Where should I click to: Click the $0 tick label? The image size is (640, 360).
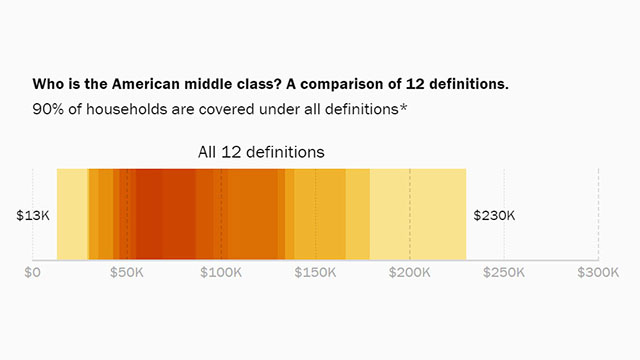[32, 272]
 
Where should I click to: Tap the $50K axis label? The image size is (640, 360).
[127, 272]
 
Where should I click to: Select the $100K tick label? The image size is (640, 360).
[221, 272]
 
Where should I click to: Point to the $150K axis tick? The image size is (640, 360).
[315, 272]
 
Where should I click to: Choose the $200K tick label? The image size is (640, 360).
[410, 272]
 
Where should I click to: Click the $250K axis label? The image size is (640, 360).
[504, 272]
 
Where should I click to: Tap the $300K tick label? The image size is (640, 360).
[598, 272]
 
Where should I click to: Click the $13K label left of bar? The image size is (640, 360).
[33, 215]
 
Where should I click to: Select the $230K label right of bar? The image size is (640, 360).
[494, 215]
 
